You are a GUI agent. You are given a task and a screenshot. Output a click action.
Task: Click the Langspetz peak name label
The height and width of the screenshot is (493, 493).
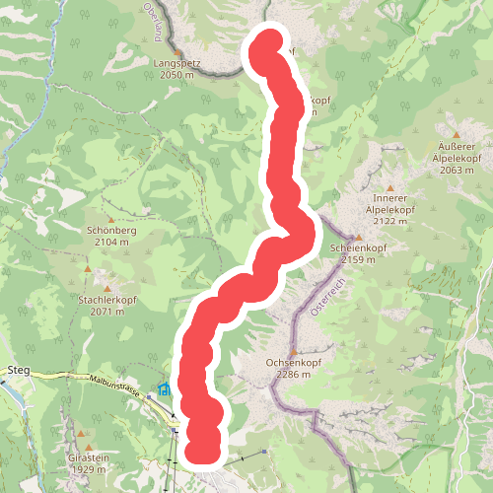[177, 63]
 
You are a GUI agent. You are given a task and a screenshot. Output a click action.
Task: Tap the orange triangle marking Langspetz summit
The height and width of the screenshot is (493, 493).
[177, 50]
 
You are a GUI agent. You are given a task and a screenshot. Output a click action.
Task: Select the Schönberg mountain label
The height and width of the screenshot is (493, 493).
[110, 230]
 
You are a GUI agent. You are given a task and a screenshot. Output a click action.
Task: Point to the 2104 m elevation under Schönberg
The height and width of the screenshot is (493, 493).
[110, 241]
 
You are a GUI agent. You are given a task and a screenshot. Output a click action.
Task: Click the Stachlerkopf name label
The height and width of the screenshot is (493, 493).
[106, 299]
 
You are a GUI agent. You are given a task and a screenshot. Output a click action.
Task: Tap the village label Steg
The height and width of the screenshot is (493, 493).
[19, 370]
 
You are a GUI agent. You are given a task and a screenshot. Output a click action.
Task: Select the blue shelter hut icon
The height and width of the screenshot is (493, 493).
[164, 390]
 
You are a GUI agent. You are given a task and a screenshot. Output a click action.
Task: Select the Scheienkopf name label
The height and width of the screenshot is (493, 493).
[358, 248]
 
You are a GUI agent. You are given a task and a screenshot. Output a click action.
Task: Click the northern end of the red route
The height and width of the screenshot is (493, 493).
[267, 46]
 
